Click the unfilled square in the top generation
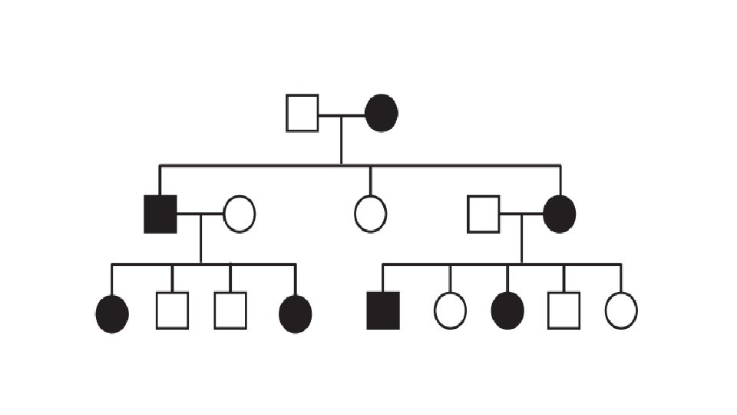[302, 113]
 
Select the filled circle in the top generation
[382, 113]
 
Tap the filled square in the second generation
[160, 214]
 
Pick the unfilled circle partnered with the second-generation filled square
[240, 214]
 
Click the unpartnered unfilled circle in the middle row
[370, 214]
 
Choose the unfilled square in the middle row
[484, 214]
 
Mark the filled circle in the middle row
[559, 214]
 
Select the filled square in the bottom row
[383, 311]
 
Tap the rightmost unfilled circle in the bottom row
[621, 311]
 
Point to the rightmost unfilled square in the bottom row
[563, 311]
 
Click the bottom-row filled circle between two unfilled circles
[507, 311]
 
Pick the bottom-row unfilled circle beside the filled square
[450, 311]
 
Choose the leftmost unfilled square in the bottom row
[172, 311]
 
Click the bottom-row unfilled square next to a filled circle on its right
[230, 311]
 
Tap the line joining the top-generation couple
[342, 115]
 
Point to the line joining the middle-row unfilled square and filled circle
[521, 214]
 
